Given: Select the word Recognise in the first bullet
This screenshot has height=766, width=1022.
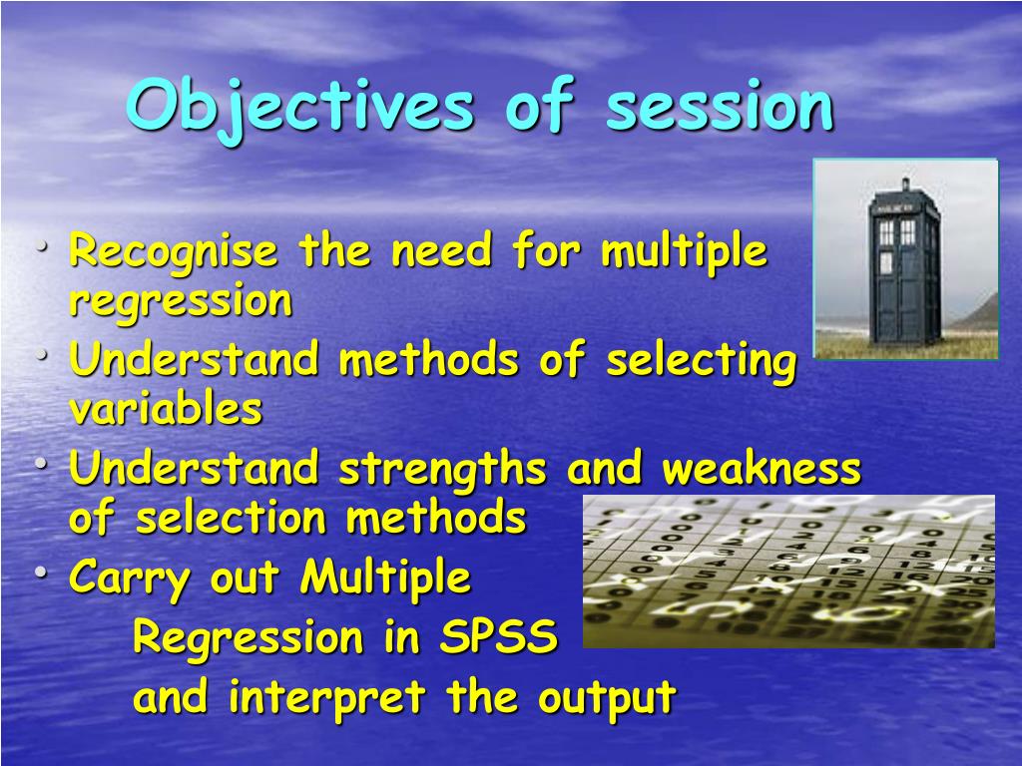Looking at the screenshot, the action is (174, 251).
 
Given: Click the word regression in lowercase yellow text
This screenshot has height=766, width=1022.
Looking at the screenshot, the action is (181, 301).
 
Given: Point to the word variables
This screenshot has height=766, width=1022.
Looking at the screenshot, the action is (166, 408).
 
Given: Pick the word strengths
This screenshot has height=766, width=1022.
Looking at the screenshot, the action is (442, 470).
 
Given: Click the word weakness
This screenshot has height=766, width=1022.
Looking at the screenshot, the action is (762, 468).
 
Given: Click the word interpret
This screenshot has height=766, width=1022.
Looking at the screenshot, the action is (327, 697).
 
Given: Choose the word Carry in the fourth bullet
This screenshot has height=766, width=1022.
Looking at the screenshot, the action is (130, 578).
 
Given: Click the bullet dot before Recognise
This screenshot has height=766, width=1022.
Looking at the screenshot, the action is (42, 247).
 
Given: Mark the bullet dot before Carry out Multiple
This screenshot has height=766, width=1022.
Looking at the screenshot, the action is (42, 574).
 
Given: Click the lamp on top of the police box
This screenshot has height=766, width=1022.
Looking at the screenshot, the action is (904, 184).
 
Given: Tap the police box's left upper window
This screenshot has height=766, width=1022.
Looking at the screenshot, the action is (886, 231).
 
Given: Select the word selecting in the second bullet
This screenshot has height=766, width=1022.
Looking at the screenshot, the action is (702, 360).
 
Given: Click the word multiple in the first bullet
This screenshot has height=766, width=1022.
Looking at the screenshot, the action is (685, 251).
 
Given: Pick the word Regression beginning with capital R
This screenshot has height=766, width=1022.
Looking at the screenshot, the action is (249, 637).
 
